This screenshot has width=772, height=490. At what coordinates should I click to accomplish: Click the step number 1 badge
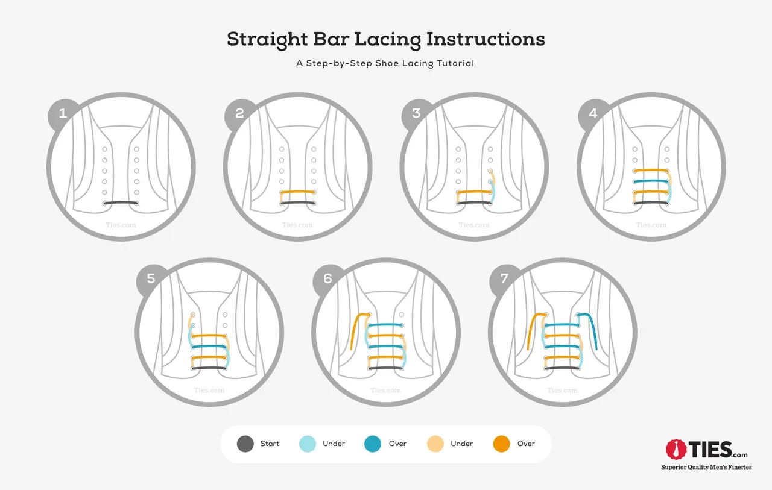coord(63,113)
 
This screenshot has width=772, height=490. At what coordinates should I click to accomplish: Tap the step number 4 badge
coord(593,113)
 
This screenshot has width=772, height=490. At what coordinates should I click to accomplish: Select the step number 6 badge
coord(327,278)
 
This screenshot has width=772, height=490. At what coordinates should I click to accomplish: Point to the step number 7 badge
coord(504,278)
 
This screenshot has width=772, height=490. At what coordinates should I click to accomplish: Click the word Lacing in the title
coord(388,39)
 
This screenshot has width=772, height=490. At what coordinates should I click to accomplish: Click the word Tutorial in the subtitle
coord(455,63)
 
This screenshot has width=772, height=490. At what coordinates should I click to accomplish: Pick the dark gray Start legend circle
coord(245,444)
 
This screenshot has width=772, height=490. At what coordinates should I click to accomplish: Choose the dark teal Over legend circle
coord(373,444)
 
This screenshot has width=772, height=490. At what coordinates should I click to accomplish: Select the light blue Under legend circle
coord(308,444)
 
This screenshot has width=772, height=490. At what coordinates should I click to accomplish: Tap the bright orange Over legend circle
coord(501,444)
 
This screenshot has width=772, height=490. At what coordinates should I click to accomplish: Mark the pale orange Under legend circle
coord(435,444)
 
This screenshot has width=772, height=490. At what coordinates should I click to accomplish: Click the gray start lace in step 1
coord(121,203)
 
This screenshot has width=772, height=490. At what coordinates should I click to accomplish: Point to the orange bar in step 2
coord(298,192)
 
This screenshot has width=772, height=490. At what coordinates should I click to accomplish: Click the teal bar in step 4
coord(651,181)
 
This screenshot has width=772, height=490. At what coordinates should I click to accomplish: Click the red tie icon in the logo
coord(676,450)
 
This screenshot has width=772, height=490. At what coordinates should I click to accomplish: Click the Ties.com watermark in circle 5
coord(209,390)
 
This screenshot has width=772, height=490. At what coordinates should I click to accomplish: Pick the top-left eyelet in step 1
coord(104,149)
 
